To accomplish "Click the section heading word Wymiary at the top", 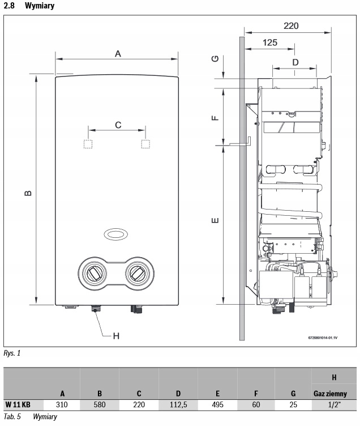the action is pyautogui.click(x=40, y=6).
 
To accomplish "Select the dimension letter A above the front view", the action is pyautogui.click(x=118, y=54).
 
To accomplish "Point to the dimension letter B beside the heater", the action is pyautogui.click(x=28, y=193).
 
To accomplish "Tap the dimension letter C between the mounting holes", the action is pyautogui.click(x=118, y=125).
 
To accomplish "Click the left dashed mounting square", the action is pyautogui.click(x=88, y=144).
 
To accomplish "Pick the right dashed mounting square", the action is pyautogui.click(x=145, y=144).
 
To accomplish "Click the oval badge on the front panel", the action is pyautogui.click(x=116, y=234).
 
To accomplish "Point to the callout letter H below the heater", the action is pyautogui.click(x=116, y=336).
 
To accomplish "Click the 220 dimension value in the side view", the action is pyautogui.click(x=291, y=26).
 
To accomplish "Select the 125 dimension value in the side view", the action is pyautogui.click(x=270, y=42).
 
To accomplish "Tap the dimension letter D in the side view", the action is pyautogui.click(x=295, y=62).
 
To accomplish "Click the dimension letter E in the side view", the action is pyautogui.click(x=215, y=220).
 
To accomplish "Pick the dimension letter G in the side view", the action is pyautogui.click(x=215, y=58).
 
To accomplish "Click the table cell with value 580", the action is pyautogui.click(x=99, y=405).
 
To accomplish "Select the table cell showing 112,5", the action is pyautogui.click(x=178, y=405).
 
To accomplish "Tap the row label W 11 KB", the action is pyautogui.click(x=18, y=405).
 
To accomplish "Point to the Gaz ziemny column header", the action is pyautogui.click(x=330, y=394).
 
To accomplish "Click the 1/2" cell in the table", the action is pyautogui.click(x=334, y=405).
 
